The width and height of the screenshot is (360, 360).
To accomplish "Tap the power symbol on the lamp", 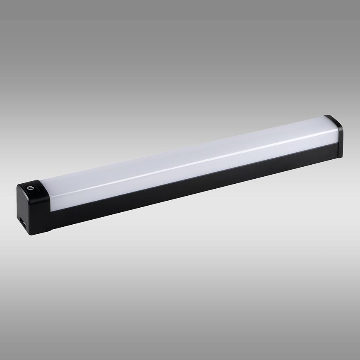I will (29, 188).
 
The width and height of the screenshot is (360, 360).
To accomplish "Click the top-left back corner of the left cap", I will (19, 185).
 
